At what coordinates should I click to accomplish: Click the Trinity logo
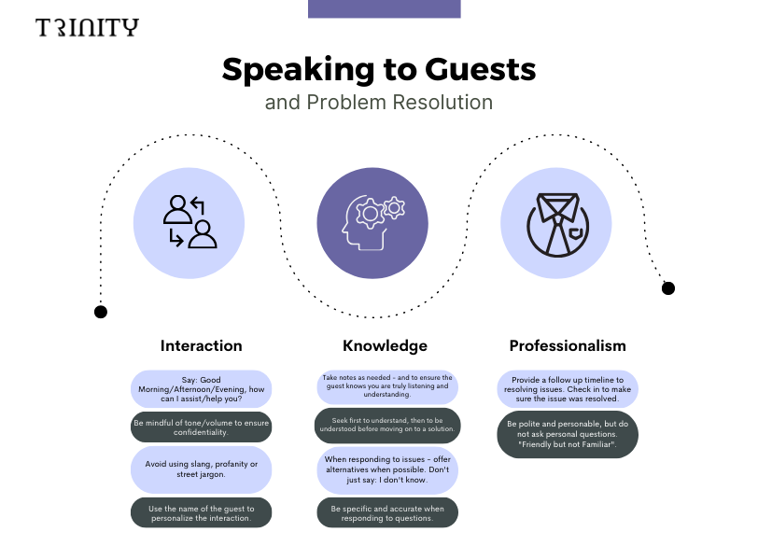(87, 27)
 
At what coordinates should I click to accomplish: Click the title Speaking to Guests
(378, 70)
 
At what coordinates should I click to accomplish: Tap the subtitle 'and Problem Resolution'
(378, 101)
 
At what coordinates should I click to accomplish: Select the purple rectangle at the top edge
(384, 8)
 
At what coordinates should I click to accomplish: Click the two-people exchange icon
(190, 222)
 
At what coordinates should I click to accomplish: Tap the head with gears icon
(372, 222)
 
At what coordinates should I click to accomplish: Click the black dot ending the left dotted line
(101, 312)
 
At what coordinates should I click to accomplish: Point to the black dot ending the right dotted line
(667, 288)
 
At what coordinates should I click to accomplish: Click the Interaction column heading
(201, 345)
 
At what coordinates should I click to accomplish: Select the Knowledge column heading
(385, 345)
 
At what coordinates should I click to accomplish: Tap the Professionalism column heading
(568, 345)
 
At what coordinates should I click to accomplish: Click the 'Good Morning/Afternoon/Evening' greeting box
(201, 388)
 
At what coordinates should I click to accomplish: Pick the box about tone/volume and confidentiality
(201, 427)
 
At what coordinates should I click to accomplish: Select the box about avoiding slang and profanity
(201, 469)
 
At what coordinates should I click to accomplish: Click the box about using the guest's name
(201, 512)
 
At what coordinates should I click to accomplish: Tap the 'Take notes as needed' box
(386, 385)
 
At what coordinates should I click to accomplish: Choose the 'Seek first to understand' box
(386, 425)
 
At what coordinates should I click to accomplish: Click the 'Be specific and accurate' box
(386, 512)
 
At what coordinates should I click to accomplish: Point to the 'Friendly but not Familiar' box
(568, 434)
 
